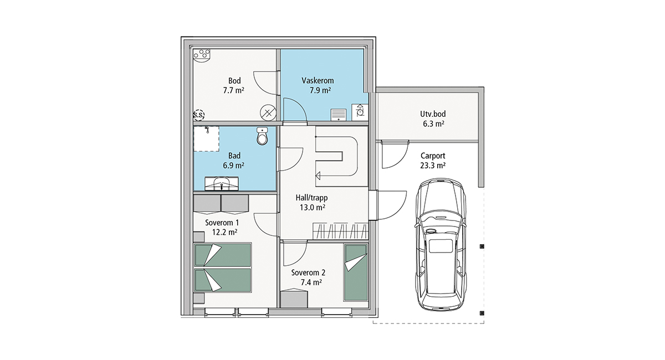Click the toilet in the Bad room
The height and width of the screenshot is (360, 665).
262,136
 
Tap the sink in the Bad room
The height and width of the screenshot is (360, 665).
222,183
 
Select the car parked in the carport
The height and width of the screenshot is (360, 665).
441,244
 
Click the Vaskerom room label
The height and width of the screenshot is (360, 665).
318,80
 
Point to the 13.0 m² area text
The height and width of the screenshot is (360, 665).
313,207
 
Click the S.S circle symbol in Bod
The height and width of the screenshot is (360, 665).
198,115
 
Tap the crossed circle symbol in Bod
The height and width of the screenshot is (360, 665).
268,113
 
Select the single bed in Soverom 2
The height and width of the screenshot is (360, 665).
356,272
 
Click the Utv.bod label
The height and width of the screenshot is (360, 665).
433,114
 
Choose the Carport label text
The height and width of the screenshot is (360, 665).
433,156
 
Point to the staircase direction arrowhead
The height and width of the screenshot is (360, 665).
318,176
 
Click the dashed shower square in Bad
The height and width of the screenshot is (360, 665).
206,139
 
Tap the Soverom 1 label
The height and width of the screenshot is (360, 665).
222,223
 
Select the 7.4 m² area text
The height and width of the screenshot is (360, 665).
311,282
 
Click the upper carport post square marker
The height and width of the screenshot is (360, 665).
482,246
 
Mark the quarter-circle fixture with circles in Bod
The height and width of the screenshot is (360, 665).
202,55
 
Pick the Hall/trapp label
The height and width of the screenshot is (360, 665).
311,198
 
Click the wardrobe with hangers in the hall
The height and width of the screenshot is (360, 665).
340,231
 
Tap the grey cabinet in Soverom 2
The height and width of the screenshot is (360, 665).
294,299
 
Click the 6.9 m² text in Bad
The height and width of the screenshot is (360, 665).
234,165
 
